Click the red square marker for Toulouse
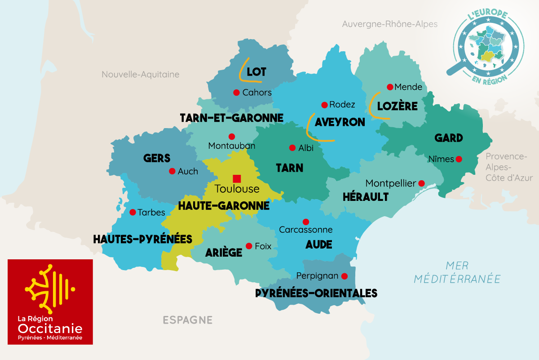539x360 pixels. point(237,178)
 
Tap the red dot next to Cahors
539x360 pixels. point(236,92)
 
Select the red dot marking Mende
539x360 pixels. point(390,87)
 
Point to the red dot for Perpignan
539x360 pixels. point(345,276)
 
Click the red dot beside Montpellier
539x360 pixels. point(421,183)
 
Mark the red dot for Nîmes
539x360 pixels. point(459,159)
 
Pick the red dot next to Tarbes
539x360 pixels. point(133,212)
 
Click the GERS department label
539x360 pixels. point(157,158)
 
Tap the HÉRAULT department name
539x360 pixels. point(365,197)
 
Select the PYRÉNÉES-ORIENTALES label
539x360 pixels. point(316,293)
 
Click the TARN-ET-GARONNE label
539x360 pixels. point(231,118)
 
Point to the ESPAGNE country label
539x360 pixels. point(187,320)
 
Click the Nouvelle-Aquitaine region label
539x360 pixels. point(140,75)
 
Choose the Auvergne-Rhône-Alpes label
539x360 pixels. point(389,24)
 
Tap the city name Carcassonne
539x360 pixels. point(306,230)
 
